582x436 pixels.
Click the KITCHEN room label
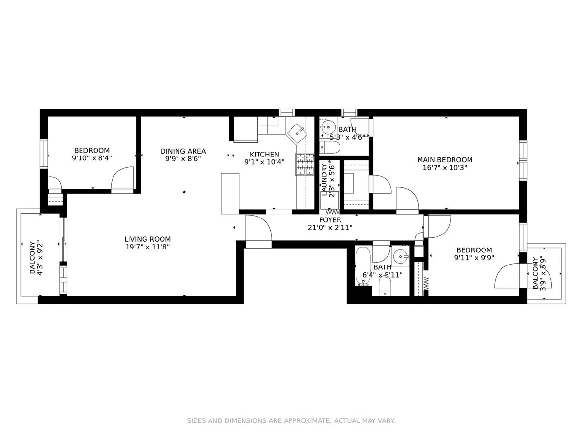[264, 155]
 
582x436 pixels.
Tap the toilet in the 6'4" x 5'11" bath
[385, 290]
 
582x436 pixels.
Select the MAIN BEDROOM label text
[445, 160]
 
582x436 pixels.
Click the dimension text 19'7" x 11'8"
[147, 247]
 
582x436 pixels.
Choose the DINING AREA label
[183, 151]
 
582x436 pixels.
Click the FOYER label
[330, 220]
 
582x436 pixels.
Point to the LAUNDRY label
[324, 180]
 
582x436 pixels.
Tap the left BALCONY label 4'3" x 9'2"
[35, 258]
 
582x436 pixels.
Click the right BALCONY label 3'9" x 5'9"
[538, 273]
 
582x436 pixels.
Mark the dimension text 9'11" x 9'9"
[473, 258]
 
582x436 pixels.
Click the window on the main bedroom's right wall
[523, 160]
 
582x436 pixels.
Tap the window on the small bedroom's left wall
[44, 154]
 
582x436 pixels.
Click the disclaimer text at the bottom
[291, 420]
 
